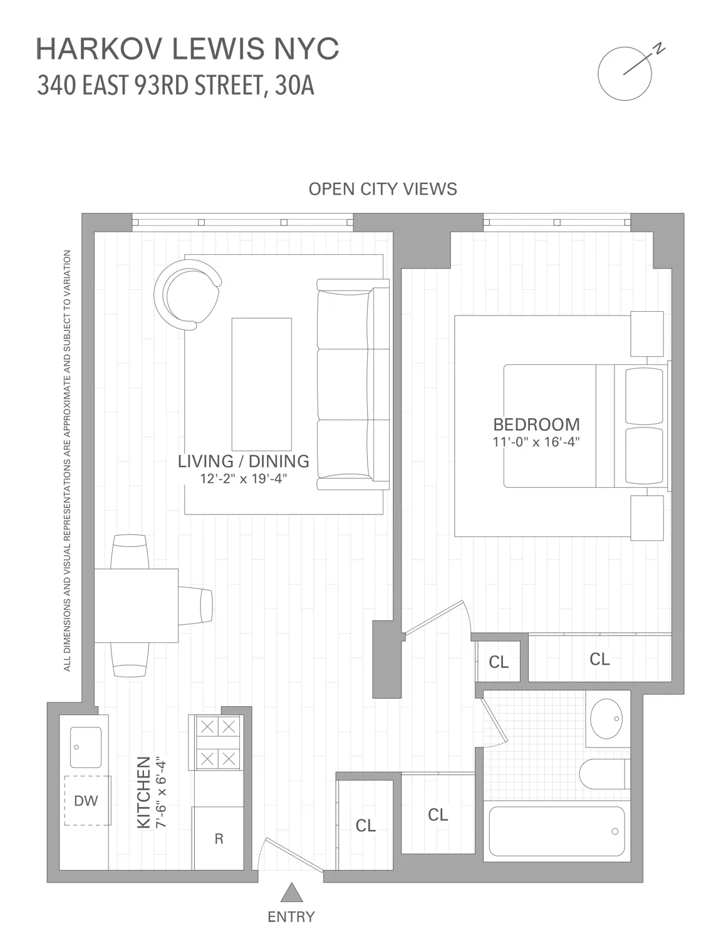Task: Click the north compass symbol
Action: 625,73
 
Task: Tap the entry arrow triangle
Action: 291,891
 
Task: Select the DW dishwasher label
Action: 86,801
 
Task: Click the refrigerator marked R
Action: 219,839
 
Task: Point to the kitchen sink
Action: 86,747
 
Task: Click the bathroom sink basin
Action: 607,719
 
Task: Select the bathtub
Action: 556,831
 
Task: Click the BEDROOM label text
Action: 536,424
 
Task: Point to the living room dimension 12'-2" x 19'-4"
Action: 243,479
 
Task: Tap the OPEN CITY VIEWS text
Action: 383,189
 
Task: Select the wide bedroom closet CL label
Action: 599,659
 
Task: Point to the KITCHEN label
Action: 144,792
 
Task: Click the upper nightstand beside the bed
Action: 646,334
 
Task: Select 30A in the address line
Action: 294,86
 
